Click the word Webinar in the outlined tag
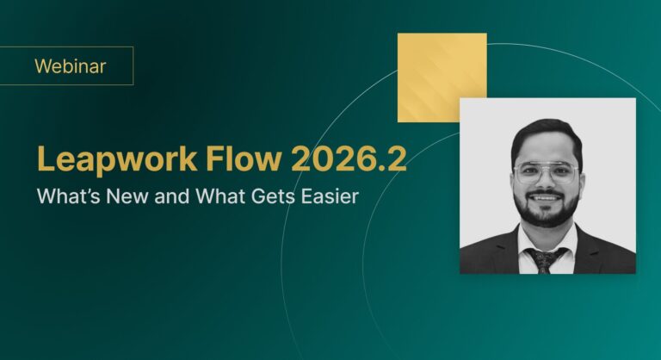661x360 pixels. point(71,66)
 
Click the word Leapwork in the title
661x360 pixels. point(117,159)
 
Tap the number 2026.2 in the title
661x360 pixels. point(349,158)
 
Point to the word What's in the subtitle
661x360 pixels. point(69,196)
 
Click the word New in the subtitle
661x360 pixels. point(127,196)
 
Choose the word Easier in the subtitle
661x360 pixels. point(330,196)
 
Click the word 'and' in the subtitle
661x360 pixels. point(171,196)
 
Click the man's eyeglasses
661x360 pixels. point(546,172)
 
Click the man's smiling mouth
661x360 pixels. point(546,197)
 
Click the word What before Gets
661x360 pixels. point(220,196)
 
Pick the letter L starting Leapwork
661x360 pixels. point(46,158)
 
